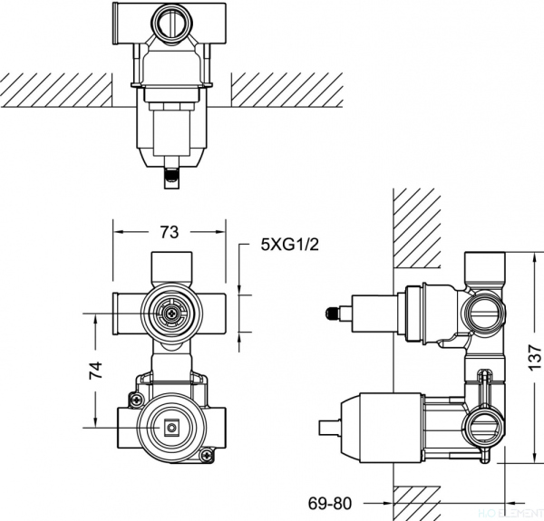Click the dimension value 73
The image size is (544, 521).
pyautogui.click(x=169, y=233)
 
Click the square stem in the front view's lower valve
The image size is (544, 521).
pyautogui.click(x=169, y=424)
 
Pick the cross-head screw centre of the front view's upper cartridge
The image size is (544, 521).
pyautogui.click(x=169, y=314)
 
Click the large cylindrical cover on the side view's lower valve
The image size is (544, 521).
pyautogui.click(x=381, y=421)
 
